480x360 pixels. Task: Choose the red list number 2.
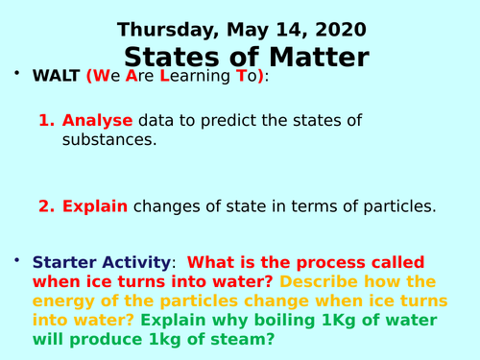point(45,205)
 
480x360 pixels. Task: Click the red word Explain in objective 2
point(95,205)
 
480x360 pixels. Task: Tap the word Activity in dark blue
point(139,261)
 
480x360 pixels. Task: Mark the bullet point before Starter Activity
point(16,260)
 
